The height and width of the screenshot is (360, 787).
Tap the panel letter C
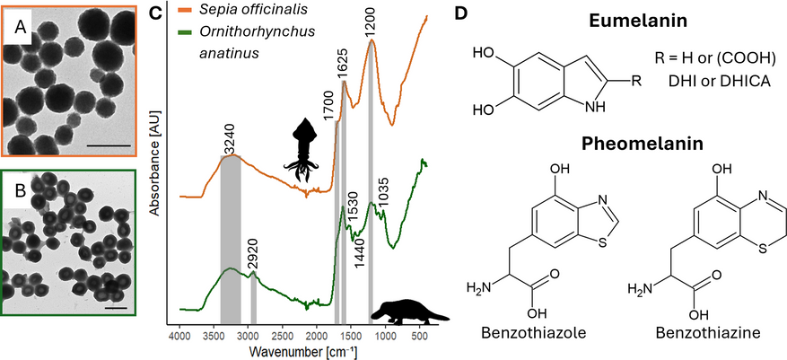coord(153,13)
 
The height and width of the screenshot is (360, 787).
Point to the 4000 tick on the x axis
coord(180,337)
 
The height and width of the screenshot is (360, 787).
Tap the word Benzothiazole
coord(535,332)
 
